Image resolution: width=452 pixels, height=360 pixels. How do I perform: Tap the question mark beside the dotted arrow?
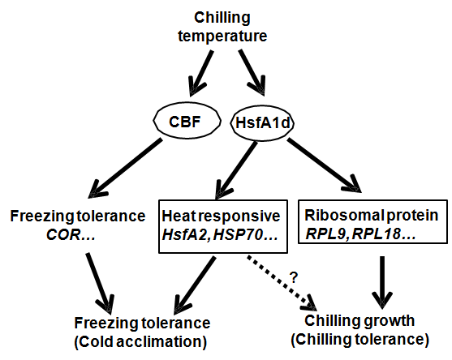tap(294, 277)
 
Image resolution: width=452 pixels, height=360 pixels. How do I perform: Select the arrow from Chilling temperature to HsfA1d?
tap(252, 73)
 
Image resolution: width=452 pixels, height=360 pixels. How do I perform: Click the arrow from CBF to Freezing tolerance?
tap(126, 169)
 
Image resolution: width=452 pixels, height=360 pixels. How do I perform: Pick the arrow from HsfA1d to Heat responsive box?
tap(236, 170)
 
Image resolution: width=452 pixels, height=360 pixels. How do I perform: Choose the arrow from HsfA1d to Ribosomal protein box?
tap(324, 166)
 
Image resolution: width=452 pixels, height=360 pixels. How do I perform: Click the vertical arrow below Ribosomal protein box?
tap(382, 283)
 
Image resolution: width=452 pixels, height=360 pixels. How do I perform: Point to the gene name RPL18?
tap(377, 235)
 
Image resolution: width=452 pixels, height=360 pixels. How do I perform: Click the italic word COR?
tap(63, 235)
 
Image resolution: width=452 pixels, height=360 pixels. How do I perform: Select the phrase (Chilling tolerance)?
tap(360, 340)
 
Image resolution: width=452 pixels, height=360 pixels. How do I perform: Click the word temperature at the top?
tap(222, 36)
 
